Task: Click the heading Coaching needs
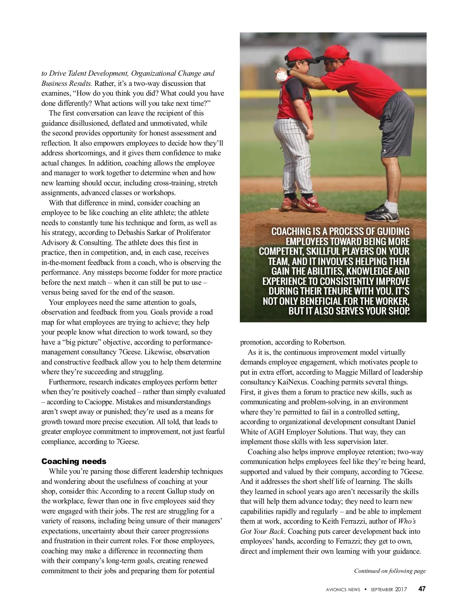pos(74,462)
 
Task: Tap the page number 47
pos(422,589)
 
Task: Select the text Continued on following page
pos(390,571)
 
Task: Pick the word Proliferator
pos(185,233)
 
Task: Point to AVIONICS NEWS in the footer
pos(343,590)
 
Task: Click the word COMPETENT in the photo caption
pos(281,252)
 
